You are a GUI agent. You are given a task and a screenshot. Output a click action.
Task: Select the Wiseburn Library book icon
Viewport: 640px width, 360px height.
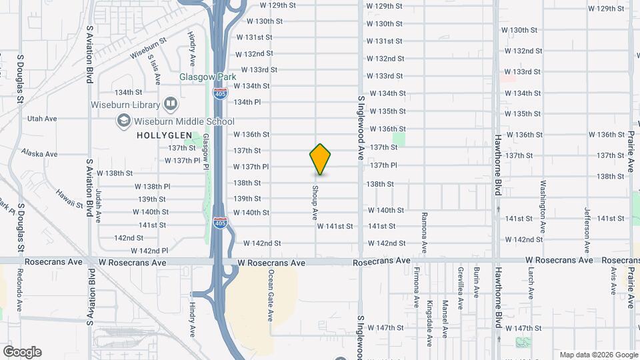click(171, 104)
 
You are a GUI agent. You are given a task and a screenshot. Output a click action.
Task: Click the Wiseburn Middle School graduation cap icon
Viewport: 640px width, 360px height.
click(124, 121)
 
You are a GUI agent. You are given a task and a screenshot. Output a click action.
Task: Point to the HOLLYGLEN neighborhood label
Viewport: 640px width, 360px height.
click(159, 135)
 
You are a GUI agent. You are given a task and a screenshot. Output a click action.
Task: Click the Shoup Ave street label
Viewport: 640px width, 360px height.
click(314, 201)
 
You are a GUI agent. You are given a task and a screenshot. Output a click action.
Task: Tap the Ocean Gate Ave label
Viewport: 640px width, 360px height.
click(271, 287)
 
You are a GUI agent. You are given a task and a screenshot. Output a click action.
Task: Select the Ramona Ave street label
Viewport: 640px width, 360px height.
click(424, 233)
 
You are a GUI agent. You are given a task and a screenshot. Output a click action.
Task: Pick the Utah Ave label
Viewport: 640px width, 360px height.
click(42, 119)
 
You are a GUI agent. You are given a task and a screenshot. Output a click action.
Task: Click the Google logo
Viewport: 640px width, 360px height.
click(22, 352)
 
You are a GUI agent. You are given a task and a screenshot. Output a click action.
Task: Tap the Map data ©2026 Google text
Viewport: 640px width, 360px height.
click(598, 355)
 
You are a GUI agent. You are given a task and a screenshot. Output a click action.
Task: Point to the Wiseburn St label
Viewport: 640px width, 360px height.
click(146, 53)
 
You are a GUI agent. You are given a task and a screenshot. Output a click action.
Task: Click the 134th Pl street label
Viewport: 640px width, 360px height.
click(247, 102)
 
